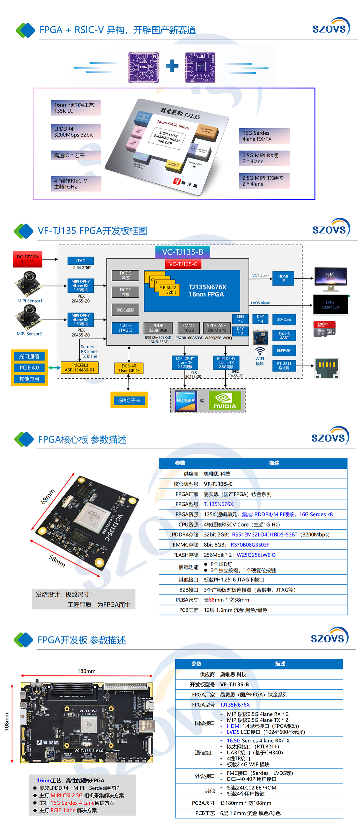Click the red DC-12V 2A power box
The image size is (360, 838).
[28, 259]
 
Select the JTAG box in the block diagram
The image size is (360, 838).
[80, 261]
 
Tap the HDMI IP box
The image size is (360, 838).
[283, 278]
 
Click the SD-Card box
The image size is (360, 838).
[284, 319]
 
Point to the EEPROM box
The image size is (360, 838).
[284, 350]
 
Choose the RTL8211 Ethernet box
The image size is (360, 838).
[284, 366]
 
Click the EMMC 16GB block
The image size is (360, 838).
[189, 328]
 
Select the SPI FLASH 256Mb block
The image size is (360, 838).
[217, 328]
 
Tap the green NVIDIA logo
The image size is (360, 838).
[225, 400]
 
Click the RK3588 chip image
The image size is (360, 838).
[186, 400]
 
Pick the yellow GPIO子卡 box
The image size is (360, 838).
[129, 400]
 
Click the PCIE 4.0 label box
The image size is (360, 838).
[29, 368]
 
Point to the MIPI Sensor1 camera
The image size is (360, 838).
[29, 284]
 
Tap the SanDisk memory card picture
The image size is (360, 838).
[324, 329]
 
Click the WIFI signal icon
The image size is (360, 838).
[260, 351]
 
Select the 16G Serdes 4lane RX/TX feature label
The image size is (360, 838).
[264, 136]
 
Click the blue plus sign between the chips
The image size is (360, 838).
[172, 66]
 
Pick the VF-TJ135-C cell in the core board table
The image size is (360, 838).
[218, 484]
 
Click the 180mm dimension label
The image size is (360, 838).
[87, 671]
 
